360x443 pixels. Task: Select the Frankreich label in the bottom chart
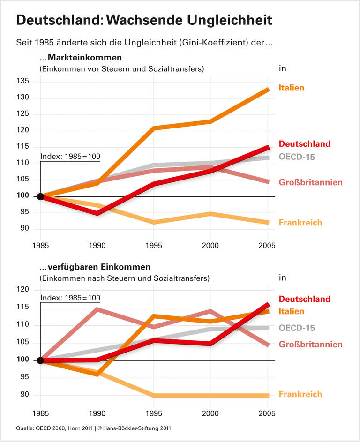pos(300,394)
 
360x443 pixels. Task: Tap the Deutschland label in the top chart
pos(304,144)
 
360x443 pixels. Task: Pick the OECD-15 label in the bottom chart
pos(297,328)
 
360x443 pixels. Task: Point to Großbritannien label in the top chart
pos(310,182)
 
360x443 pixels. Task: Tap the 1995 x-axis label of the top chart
pos(154,246)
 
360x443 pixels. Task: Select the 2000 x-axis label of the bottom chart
pos(211,414)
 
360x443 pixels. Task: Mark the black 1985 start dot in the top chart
pos(40,196)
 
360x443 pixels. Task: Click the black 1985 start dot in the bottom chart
pos(40,360)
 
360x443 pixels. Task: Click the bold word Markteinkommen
pos(84,58)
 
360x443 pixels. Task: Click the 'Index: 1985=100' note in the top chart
pos(70,157)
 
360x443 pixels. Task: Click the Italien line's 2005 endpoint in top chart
pos(268,89)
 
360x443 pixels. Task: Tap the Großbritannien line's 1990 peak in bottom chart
pos(97,309)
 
